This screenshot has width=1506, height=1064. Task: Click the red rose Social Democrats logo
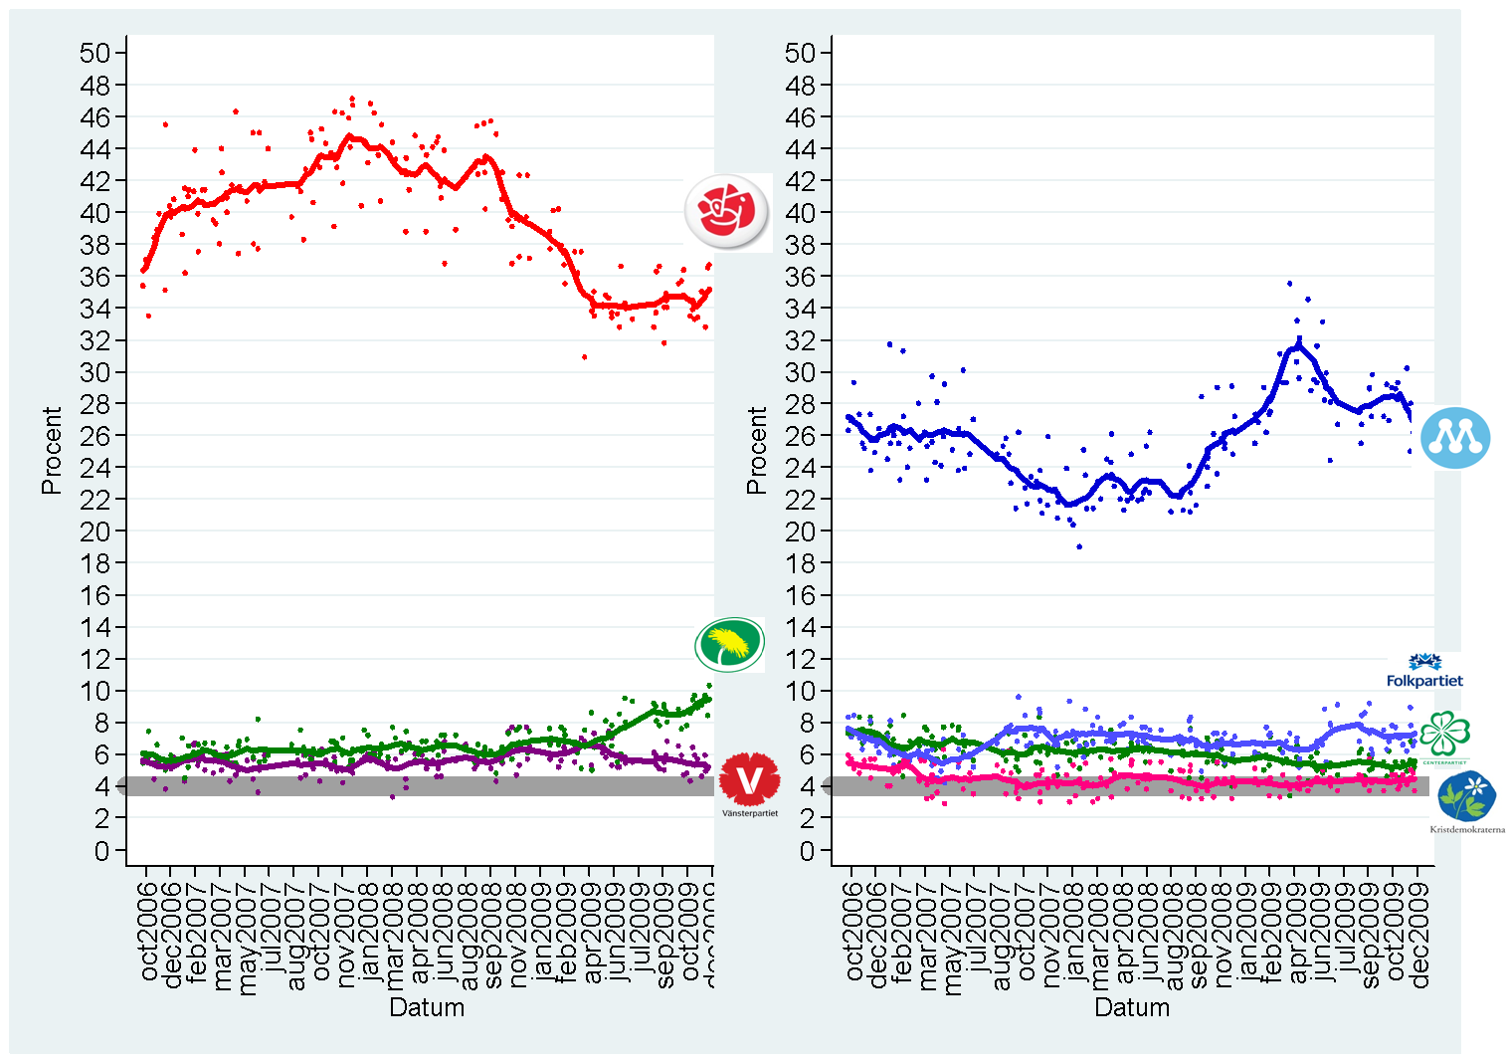pos(727,211)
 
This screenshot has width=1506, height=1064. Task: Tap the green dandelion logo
pos(730,644)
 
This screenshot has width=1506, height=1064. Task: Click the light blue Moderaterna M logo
pos(1455,437)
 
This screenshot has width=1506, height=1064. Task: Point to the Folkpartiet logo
pos(1425,671)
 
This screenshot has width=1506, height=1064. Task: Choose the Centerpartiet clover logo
pos(1444,737)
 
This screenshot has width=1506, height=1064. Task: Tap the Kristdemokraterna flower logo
pos(1467,798)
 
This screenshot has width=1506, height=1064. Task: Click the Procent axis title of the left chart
pos(52,450)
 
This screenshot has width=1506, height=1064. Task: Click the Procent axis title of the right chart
pos(757,450)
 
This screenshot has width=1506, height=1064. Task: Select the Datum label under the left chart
pos(427,1007)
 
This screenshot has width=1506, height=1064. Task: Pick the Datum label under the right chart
pos(1132,1007)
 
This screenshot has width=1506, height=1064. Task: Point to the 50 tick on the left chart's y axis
pos(95,53)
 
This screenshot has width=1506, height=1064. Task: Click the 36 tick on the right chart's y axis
pos(801,277)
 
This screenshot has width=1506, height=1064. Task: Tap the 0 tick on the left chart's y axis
pos(102,851)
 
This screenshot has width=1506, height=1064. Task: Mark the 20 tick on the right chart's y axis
pos(801,532)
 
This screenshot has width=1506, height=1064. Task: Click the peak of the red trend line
pos(348,135)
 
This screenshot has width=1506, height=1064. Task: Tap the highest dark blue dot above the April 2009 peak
pos(1289,284)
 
